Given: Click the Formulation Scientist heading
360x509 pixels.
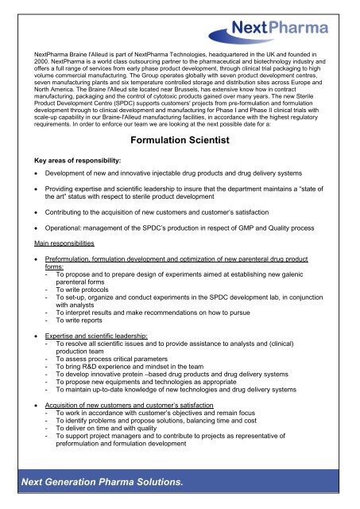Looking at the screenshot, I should click(180, 142).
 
